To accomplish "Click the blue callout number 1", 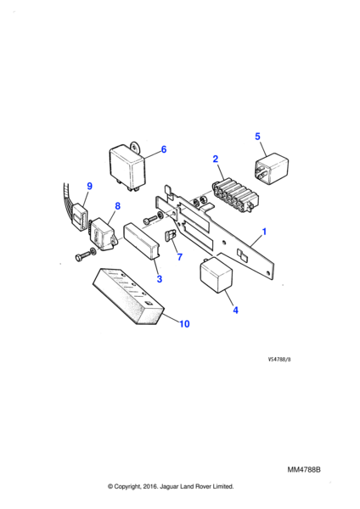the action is tap(264, 232).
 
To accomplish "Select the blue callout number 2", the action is tap(216, 159).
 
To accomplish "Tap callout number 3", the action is tap(160, 279).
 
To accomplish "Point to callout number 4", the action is tap(235, 310).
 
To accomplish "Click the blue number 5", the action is tap(257, 137).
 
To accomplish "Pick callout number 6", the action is tap(164, 149).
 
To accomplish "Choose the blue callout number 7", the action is tap(180, 257).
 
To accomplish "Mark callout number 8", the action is tap(118, 206).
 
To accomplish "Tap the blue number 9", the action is tap(90, 186).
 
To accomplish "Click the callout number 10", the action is tap(184, 324).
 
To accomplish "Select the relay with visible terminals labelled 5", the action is tap(272, 169).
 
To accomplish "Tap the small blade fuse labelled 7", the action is tap(171, 235).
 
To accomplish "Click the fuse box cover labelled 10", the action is tap(127, 296).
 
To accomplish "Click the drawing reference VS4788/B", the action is tap(279, 360).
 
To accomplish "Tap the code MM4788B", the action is tap(304, 470).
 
